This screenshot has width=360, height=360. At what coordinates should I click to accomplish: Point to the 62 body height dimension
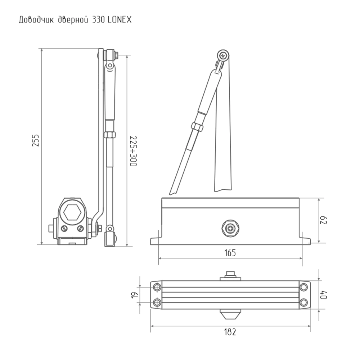point(324,221)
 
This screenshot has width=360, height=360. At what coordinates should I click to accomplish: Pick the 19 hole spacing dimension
point(134,294)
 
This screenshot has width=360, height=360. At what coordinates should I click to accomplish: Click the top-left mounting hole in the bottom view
point(157,287)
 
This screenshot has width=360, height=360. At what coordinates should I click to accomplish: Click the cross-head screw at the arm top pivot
point(224,56)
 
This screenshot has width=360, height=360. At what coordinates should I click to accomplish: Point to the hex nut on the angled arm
point(197,127)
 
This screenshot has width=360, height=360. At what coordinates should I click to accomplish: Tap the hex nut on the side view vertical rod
point(109,135)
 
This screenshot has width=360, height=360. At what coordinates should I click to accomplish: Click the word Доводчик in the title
point(36,20)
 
